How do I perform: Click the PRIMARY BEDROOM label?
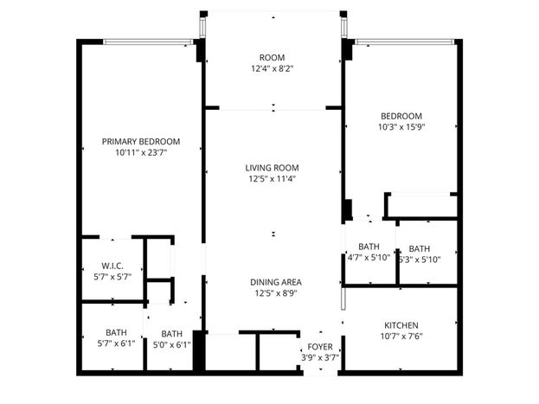141,141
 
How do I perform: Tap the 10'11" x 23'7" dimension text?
141,152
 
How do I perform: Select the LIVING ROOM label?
272,168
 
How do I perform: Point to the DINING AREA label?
276,282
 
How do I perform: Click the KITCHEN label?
401,325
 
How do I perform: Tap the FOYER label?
320,347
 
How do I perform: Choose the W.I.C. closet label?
112,266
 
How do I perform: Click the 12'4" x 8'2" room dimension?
272,68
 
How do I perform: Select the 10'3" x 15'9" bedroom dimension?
401,127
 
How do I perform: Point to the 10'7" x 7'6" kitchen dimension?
401,336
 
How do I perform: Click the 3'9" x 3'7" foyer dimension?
320,357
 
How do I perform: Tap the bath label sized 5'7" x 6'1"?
116,332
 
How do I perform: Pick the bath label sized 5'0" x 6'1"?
172,334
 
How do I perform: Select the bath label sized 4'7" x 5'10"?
369,247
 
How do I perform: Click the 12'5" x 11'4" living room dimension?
273,179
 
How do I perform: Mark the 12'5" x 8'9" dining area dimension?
276,293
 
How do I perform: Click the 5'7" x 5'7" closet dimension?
112,277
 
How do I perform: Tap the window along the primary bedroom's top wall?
148,42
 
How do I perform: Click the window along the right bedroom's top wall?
405,42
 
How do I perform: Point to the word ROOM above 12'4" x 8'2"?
272,57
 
